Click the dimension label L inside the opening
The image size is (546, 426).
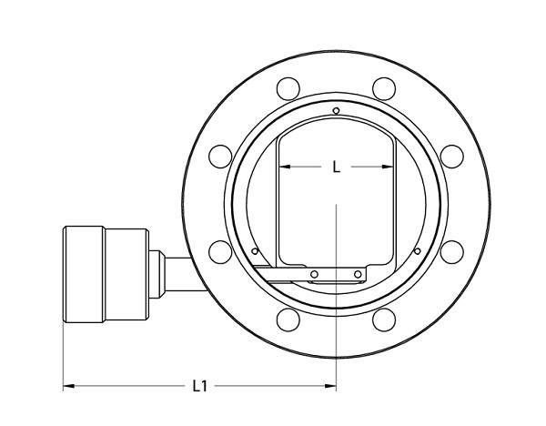coord(337,167)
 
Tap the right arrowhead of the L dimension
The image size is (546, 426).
coord(391,167)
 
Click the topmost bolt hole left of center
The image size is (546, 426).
coord(288,88)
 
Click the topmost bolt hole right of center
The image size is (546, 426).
coord(385,88)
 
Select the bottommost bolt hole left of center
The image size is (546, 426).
coord(288,319)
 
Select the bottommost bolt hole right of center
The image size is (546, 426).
coord(385,319)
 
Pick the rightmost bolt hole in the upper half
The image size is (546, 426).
coord(452,156)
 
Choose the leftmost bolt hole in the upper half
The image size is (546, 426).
coord(219,156)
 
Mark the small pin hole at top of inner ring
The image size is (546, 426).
coord(337,111)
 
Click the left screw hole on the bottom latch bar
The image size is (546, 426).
coord(314,274)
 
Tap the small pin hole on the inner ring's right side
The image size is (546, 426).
coord(417,250)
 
